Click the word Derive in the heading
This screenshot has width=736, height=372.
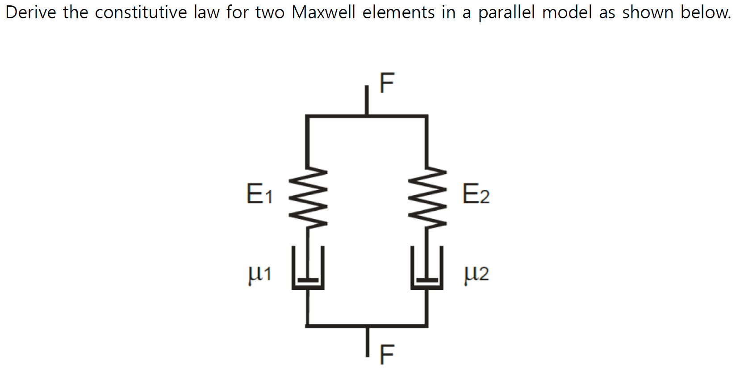click(30, 13)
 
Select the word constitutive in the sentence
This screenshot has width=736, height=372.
click(141, 13)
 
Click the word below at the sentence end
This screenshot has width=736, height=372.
click(706, 13)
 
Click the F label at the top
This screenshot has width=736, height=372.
click(387, 83)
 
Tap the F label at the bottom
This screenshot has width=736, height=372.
click(387, 355)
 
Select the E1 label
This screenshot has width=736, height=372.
click(259, 194)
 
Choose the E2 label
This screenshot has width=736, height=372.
click(476, 194)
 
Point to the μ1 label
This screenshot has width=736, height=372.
click(259, 273)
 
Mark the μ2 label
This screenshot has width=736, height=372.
click(477, 273)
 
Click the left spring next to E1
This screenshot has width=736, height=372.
click(308, 197)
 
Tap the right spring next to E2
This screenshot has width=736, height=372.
click(427, 197)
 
